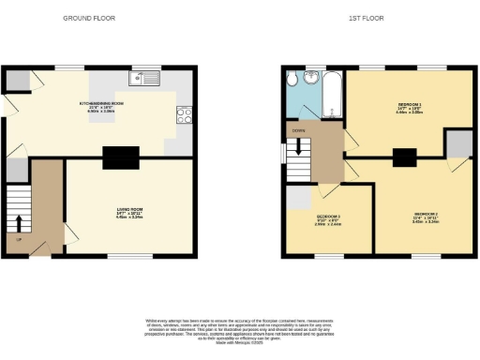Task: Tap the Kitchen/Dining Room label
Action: [100, 106]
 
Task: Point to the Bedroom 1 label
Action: [411, 109]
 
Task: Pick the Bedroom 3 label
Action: [327, 221]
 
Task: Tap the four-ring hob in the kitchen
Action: [185, 116]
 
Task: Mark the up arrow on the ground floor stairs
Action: [19, 222]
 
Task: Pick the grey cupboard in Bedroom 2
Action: [457, 144]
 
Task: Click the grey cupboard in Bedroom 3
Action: [297, 198]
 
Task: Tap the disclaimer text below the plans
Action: [238, 327]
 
